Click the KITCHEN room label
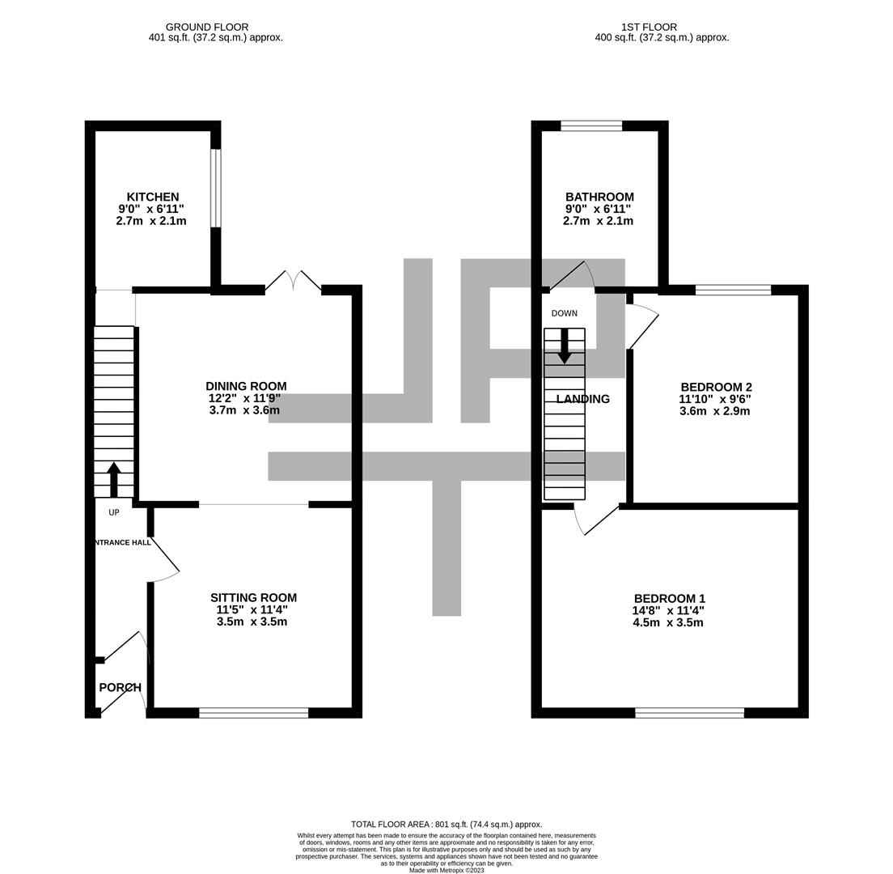(x=153, y=197)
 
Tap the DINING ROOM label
(x=246, y=386)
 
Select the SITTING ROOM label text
(x=253, y=598)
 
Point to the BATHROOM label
(x=599, y=197)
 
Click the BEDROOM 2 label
(x=717, y=388)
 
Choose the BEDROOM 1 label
(x=670, y=599)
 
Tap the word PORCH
(x=121, y=688)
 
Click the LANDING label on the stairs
(x=582, y=399)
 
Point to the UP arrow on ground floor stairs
(x=114, y=480)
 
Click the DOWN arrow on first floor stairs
(x=565, y=346)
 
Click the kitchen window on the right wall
(x=215, y=189)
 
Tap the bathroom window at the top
(x=591, y=126)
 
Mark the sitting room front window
(x=253, y=712)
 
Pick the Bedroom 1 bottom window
(x=690, y=712)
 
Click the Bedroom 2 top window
(x=733, y=290)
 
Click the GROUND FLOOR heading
(x=207, y=27)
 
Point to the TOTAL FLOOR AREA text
(x=446, y=824)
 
